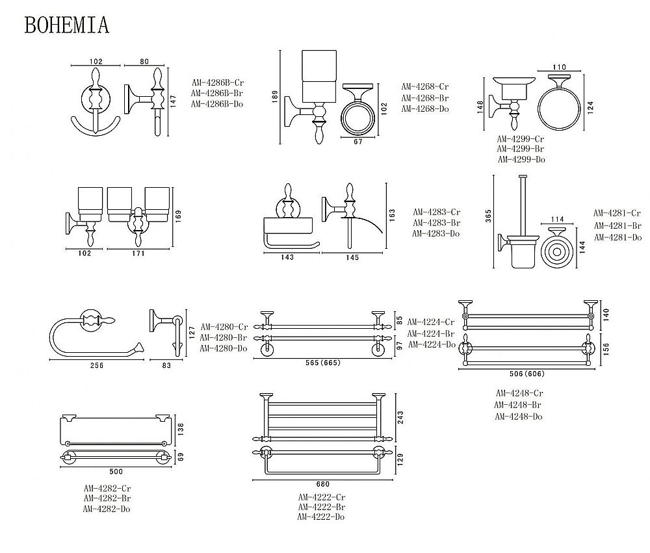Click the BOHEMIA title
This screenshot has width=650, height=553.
pos(67,24)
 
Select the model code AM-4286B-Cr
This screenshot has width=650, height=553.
pos(217,83)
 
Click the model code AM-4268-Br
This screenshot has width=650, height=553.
pos(425,97)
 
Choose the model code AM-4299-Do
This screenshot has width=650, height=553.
pos(521,159)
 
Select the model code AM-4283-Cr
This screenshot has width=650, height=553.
pos(437,212)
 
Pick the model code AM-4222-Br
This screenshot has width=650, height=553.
pos(322,507)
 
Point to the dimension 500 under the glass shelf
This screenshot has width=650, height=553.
pos(116,471)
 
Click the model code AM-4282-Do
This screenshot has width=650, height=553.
pos(107,509)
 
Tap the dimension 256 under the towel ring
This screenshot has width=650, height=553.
pos(96,365)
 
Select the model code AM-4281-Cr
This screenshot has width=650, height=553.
pos(617,213)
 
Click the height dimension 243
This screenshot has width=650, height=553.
pos(402,417)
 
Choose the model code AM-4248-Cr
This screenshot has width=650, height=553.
pos(519,393)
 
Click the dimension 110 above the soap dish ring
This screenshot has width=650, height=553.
pos(559,67)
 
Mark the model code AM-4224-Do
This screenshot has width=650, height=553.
pos(430,344)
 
